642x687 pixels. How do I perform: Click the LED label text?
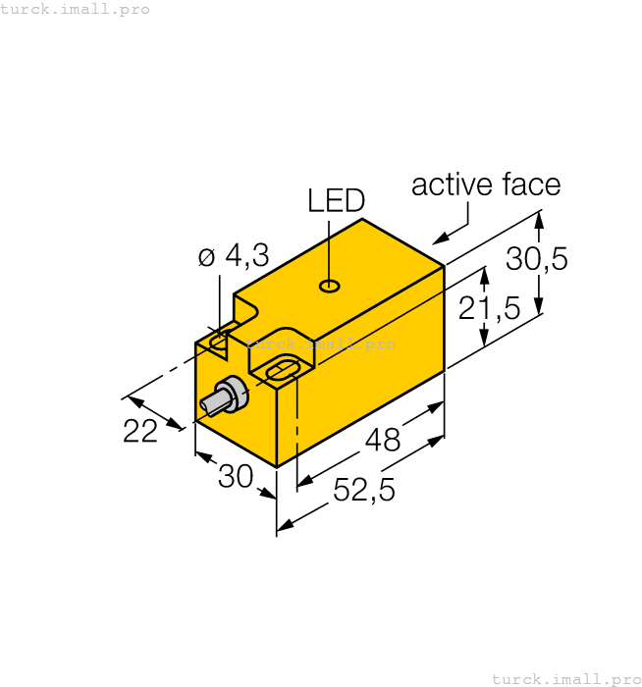(x=336, y=201)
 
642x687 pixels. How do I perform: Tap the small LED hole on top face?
(x=331, y=287)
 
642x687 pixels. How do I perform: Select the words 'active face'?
(x=485, y=185)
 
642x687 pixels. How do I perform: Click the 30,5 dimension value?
(x=537, y=259)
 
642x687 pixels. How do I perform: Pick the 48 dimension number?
(x=382, y=441)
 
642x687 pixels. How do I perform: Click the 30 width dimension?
(x=236, y=477)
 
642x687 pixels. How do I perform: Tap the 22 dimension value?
(x=140, y=430)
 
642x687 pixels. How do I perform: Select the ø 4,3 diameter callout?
(x=233, y=257)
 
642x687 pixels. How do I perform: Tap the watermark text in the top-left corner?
(x=76, y=9)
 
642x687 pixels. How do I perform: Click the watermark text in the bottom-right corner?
(x=565, y=678)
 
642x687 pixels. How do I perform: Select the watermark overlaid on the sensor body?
(x=321, y=343)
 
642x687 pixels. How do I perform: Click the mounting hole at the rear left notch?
(x=220, y=340)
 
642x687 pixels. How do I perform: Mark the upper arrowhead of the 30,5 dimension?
(x=538, y=220)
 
